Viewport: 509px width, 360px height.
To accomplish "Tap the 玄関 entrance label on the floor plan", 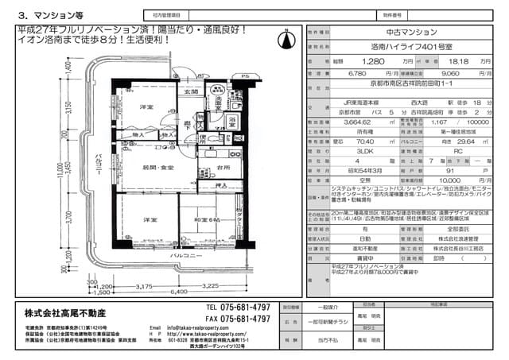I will [x=191, y=93].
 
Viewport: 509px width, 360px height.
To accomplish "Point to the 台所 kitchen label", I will [x=223, y=169].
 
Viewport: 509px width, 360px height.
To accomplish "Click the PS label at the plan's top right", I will [x=245, y=77].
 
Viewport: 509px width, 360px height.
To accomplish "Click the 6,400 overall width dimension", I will [x=179, y=291].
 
